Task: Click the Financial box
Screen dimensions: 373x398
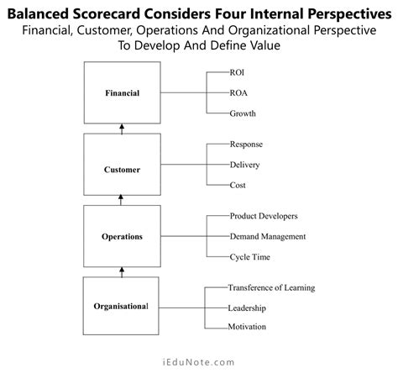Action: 123,92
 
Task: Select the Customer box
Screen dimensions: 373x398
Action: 123,169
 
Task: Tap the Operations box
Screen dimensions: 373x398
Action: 123,236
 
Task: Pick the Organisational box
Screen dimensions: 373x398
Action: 123,306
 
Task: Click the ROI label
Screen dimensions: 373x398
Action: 238,73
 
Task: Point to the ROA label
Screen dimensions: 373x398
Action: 240,92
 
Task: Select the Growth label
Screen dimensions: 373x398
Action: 243,113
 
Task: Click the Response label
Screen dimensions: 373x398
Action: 246,144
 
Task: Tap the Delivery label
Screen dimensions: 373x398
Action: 245,165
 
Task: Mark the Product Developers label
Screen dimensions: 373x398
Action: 264,216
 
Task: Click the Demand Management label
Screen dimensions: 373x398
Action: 267,236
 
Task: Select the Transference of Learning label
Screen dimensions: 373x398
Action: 271,288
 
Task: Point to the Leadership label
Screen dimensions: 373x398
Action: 249,307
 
